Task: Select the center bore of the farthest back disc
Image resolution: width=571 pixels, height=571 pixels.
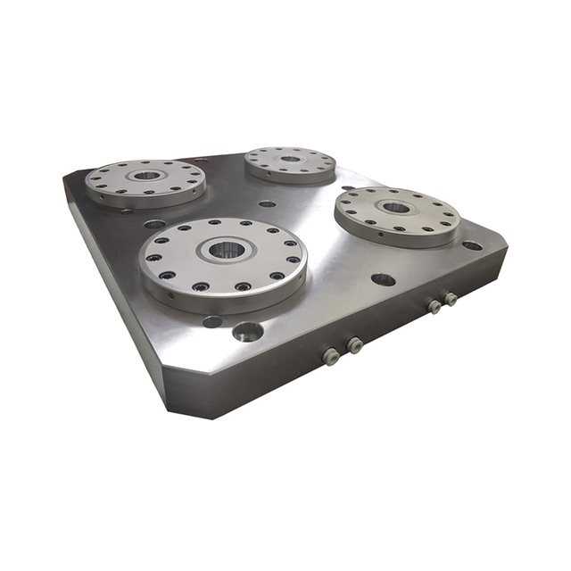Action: point(291,159)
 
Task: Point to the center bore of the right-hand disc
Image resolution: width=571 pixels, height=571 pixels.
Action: point(395,208)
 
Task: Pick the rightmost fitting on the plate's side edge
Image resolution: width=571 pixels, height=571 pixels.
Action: point(451,299)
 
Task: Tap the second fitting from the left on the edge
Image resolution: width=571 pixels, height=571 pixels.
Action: point(354,344)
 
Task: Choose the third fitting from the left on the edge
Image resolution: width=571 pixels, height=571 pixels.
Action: point(434,306)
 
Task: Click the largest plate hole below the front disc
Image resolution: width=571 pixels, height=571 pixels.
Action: point(247,332)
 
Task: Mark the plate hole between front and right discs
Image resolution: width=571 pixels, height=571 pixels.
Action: point(383,279)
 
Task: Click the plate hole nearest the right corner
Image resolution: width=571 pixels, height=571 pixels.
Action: point(472,245)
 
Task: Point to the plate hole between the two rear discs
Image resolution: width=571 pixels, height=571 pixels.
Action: point(267,203)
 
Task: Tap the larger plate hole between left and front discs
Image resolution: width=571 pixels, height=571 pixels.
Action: point(154,224)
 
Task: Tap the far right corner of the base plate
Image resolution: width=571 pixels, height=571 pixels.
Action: point(505,242)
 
